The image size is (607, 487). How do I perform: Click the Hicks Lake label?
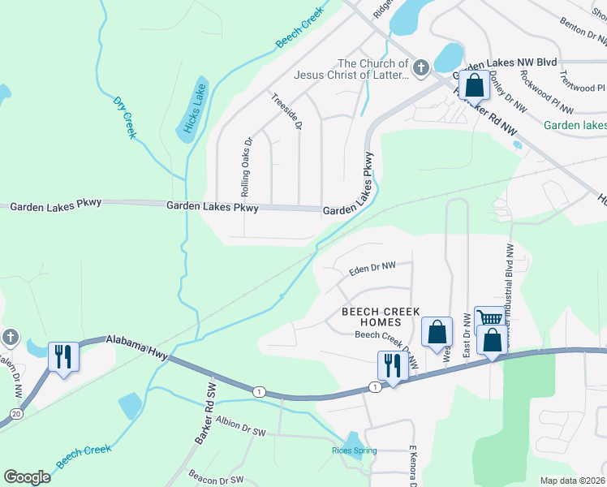[191, 110]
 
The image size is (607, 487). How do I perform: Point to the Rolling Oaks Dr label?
[245, 166]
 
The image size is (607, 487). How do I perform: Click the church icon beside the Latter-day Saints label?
[420, 68]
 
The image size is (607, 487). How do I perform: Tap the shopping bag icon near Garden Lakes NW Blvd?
[474, 84]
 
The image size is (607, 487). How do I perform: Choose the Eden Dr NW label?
[372, 267]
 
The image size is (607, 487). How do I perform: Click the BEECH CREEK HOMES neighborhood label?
[381, 317]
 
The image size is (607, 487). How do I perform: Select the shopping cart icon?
[489, 319]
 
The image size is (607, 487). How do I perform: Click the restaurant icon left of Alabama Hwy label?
[63, 356]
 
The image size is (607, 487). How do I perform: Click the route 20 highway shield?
[17, 414]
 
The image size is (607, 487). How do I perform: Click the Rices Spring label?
[353, 450]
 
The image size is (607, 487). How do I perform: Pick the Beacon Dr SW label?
[216, 479]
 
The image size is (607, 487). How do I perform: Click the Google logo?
[28, 477]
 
